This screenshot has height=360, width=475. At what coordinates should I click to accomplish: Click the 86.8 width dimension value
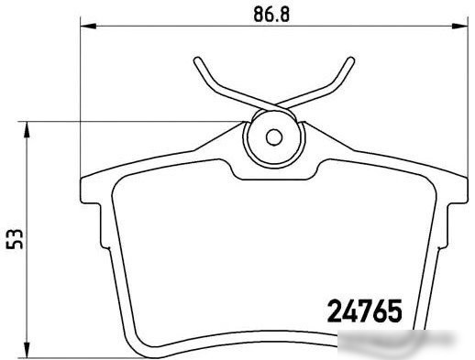[271, 15]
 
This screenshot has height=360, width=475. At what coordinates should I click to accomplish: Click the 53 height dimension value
[15, 239]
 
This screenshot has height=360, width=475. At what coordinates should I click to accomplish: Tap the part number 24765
[365, 311]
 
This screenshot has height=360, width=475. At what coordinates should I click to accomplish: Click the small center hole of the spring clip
[274, 137]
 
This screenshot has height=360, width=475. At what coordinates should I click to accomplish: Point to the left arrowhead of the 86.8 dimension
[88, 27]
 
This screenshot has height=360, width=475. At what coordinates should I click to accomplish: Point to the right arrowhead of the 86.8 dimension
[459, 27]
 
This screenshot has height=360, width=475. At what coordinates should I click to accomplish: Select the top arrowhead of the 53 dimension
[27, 130]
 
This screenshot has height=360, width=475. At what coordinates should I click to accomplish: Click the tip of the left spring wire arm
[197, 60]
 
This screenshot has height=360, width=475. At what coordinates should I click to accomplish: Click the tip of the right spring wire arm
[351, 60]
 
